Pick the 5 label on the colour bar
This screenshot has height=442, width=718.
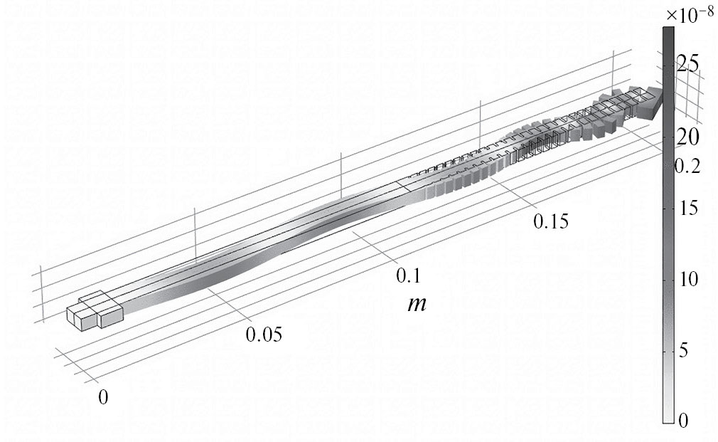pyautogui.click(x=682, y=351)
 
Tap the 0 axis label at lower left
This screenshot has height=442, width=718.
pyautogui.click(x=104, y=397)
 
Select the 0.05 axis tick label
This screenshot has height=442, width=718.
pyautogui.click(x=264, y=335)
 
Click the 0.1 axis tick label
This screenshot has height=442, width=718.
pyautogui.click(x=408, y=276)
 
